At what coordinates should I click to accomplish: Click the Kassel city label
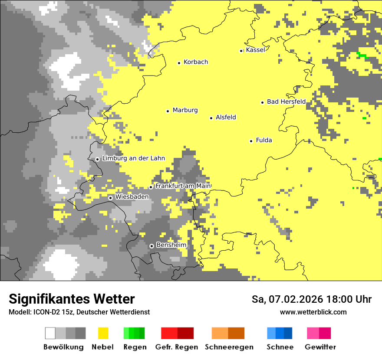[x=255, y=50]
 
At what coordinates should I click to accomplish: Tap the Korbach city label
[x=196, y=62]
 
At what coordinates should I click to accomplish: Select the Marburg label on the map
[x=185, y=110]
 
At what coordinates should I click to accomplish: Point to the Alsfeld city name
[x=226, y=117]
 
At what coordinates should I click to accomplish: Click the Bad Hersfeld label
[x=286, y=101]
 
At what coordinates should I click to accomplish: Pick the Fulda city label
[x=264, y=140]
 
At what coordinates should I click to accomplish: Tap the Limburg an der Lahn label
[x=133, y=158]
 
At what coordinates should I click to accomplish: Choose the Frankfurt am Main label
[x=183, y=186]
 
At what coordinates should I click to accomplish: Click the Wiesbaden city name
[x=132, y=197]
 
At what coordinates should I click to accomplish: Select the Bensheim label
[x=171, y=245]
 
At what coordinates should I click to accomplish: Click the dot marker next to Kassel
[x=241, y=51]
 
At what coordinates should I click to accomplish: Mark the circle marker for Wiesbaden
[x=111, y=198]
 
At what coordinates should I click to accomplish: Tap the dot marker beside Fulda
[x=251, y=141]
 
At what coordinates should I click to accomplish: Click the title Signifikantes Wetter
[x=72, y=299]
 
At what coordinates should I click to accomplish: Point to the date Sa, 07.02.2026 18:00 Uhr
[x=311, y=299]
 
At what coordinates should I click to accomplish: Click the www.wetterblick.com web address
[x=313, y=312]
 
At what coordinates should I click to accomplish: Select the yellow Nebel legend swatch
[x=103, y=333]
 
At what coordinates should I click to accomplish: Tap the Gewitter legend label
[x=320, y=347]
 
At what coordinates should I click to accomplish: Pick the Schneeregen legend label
[x=229, y=347]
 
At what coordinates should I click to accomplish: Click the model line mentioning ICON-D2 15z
[x=79, y=312]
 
